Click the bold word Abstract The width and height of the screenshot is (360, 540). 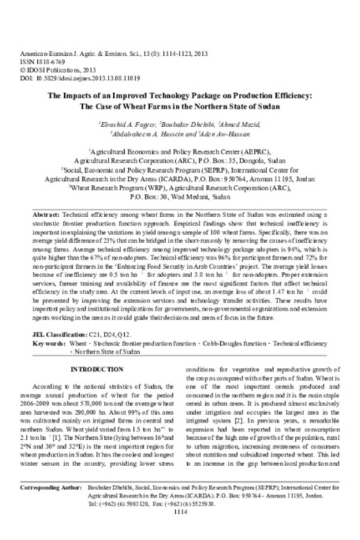(45, 213)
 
